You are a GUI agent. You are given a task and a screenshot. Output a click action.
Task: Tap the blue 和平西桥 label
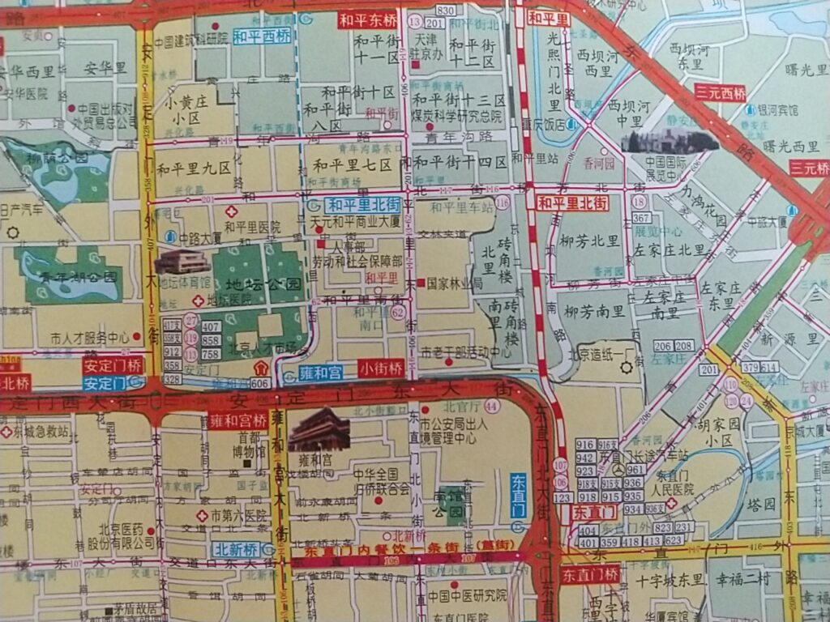click(x=262, y=36)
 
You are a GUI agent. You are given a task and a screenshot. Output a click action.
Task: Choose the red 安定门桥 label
click(x=113, y=365)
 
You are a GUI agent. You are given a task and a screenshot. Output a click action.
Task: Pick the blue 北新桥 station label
click(x=237, y=548)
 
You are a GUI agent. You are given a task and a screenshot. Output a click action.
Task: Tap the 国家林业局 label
click(x=455, y=283)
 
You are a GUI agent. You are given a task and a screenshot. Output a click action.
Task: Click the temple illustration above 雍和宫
click(x=319, y=429)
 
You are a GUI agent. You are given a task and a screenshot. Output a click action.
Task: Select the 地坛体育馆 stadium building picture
click(x=182, y=262)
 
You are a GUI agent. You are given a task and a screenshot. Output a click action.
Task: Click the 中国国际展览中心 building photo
click(x=670, y=141)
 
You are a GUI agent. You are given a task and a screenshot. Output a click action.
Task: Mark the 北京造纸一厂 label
click(x=601, y=353)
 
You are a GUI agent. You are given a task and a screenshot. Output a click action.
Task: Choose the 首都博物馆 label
click(x=249, y=444)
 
